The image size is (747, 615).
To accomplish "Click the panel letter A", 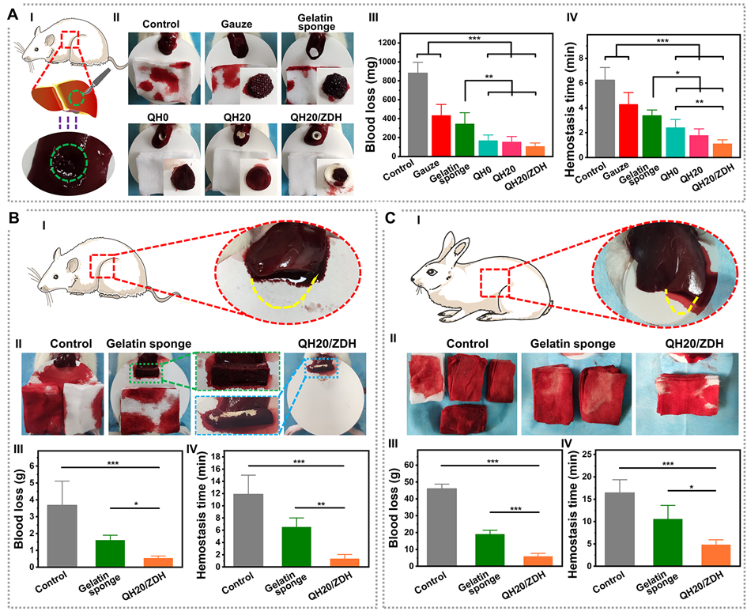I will pyautogui.click(x=13, y=13).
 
